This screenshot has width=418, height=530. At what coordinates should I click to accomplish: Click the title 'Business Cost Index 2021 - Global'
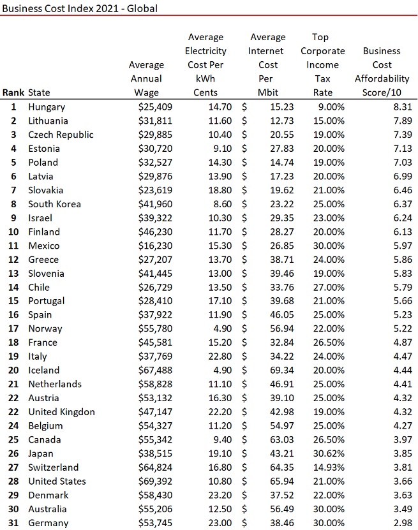tap(80, 8)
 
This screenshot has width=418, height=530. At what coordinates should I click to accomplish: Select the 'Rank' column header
tap(13, 92)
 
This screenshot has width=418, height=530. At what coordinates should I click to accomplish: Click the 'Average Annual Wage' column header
tap(146, 78)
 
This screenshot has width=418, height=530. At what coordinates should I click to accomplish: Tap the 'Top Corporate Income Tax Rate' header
tap(322, 64)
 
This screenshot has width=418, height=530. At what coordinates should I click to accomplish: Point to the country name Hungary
tap(47, 107)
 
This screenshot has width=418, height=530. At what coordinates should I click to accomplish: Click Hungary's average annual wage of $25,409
tap(155, 107)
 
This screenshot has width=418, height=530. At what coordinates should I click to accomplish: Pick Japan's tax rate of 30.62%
tap(329, 453)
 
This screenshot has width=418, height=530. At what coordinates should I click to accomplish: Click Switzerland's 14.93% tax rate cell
tap(329, 467)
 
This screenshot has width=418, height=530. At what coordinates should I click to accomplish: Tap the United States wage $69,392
tap(155, 482)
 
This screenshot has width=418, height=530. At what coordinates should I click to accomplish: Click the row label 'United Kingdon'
tap(61, 412)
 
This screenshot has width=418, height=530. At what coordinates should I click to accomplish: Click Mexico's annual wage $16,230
tap(155, 246)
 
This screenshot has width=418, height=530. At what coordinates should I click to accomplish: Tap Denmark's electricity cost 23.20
tap(217, 495)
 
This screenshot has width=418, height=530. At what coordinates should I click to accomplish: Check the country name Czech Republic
tap(61, 135)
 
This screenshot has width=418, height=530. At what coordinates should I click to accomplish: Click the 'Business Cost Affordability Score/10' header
tap(382, 71)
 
